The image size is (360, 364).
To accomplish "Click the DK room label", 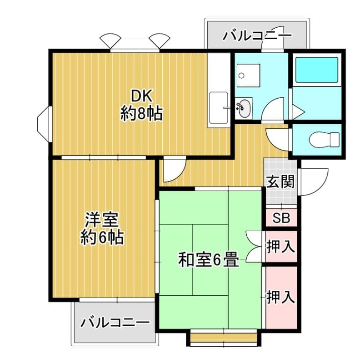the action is coord(142,96).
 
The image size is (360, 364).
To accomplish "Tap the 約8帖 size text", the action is coord(141,113).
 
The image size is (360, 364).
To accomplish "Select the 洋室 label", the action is coord(102,220).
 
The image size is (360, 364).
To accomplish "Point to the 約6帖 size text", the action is coord(102,237).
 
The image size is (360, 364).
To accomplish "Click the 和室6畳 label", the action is coord(209,260).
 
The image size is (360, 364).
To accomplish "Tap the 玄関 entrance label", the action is coord(280,182).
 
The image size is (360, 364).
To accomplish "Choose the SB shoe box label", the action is coord(281,218).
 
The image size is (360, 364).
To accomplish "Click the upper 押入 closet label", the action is coord(280,247).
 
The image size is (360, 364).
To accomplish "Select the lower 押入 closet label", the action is coord(280,297).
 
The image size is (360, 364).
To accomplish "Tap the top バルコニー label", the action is coord(257,35).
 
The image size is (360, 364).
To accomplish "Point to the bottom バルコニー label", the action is coord(115,323).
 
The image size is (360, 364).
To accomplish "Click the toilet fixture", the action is coord(324,140).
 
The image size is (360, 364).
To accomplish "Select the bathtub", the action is coord(317,70).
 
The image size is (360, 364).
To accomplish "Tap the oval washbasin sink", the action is coord(244,108).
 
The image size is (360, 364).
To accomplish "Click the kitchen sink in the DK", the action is coord(219,108).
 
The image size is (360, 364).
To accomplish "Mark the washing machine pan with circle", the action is coord(248,76).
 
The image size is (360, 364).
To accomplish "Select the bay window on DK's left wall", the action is coord(45,124).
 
